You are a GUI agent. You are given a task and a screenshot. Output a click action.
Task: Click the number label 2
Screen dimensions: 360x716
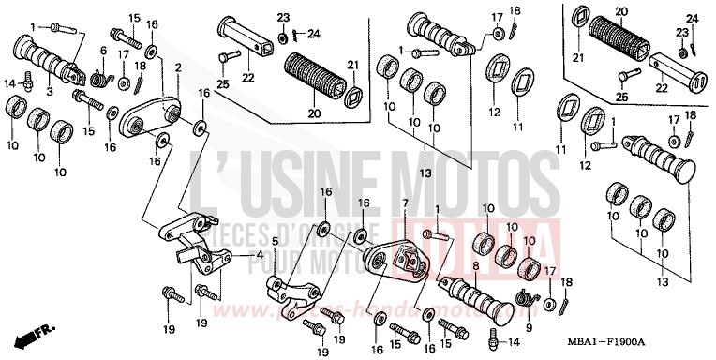tap(178, 68)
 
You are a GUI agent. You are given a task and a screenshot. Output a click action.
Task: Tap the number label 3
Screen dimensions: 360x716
tap(49, 91)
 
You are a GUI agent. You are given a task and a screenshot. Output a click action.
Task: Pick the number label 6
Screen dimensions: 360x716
tap(104, 51)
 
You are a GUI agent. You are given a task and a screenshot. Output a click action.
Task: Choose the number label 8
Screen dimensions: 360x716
tap(475, 265)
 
